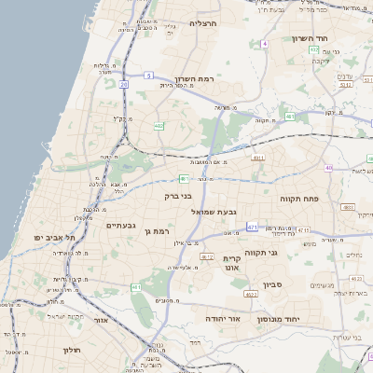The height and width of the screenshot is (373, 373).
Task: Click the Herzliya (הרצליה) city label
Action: pos(202,22)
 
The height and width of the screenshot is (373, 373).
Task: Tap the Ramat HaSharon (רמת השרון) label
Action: pos(194,80)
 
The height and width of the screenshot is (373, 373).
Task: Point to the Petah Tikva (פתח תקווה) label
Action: pos(299,199)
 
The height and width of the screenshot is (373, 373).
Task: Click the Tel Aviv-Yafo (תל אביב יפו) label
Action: pos(56,237)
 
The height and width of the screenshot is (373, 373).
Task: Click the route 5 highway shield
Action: pos(148,75)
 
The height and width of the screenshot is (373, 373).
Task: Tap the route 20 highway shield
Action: pos(123,84)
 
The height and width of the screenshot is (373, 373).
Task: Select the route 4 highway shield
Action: pos(264,43)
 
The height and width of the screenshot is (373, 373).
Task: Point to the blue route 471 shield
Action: pos(291,117)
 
